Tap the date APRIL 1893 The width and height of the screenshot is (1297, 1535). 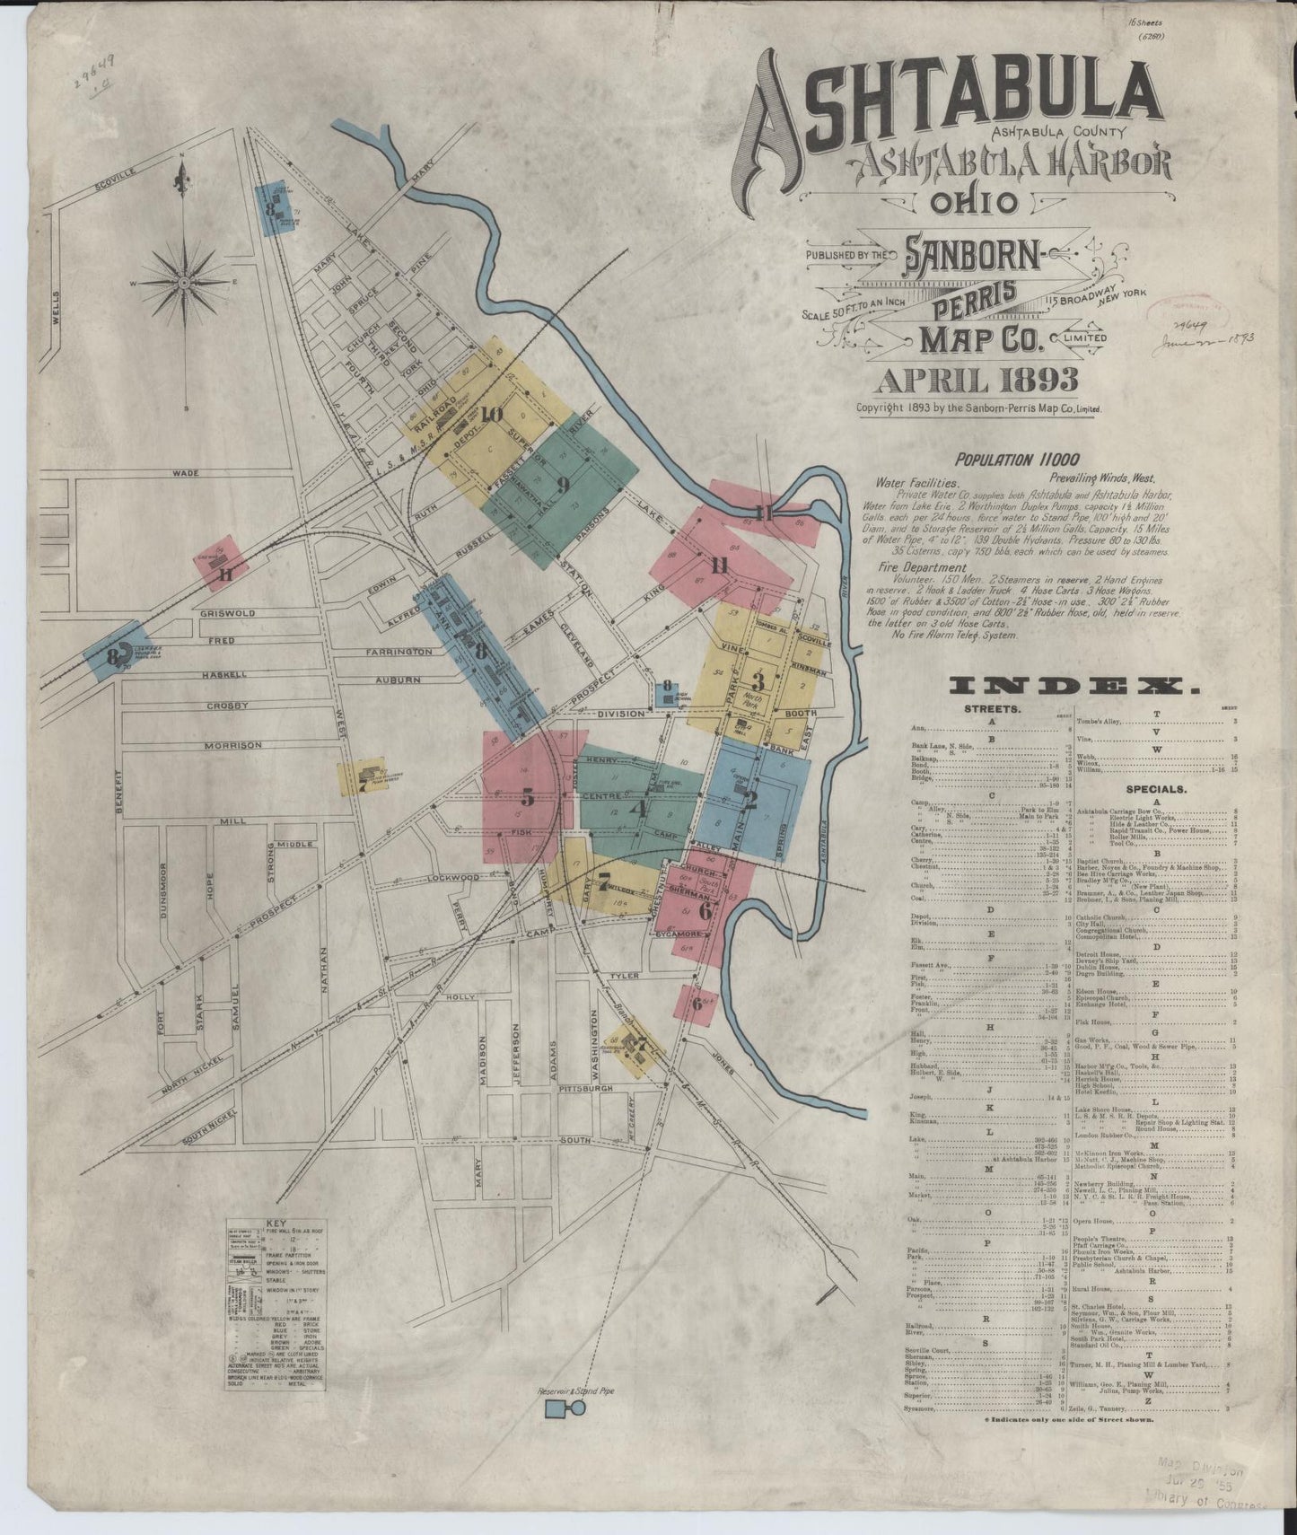[977, 381]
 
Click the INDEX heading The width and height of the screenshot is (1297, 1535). [1074, 688]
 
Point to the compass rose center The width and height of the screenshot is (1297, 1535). [183, 282]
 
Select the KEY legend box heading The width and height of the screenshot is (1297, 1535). [275, 1224]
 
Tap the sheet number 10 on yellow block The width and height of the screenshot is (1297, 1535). [490, 415]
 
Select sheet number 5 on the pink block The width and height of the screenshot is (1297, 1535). [528, 796]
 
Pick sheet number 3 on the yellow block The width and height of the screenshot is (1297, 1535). [758, 680]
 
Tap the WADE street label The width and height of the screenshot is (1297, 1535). [186, 472]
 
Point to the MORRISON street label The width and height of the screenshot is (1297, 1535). [232, 745]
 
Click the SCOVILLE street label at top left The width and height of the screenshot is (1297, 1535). [115, 180]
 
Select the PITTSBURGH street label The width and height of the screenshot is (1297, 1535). [583, 1088]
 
